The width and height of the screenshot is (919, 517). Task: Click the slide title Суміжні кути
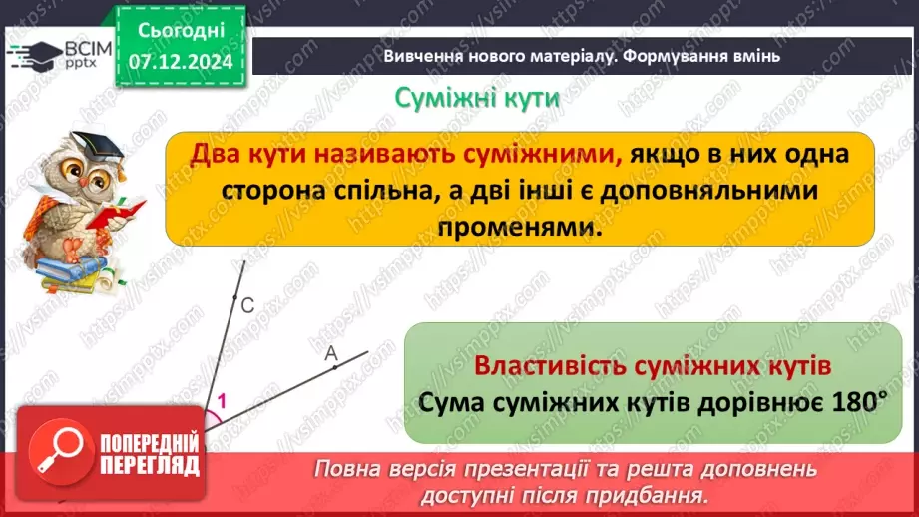pos(477,99)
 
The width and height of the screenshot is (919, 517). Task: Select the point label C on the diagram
pos(248,305)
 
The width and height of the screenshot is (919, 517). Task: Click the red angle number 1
pos(222,401)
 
